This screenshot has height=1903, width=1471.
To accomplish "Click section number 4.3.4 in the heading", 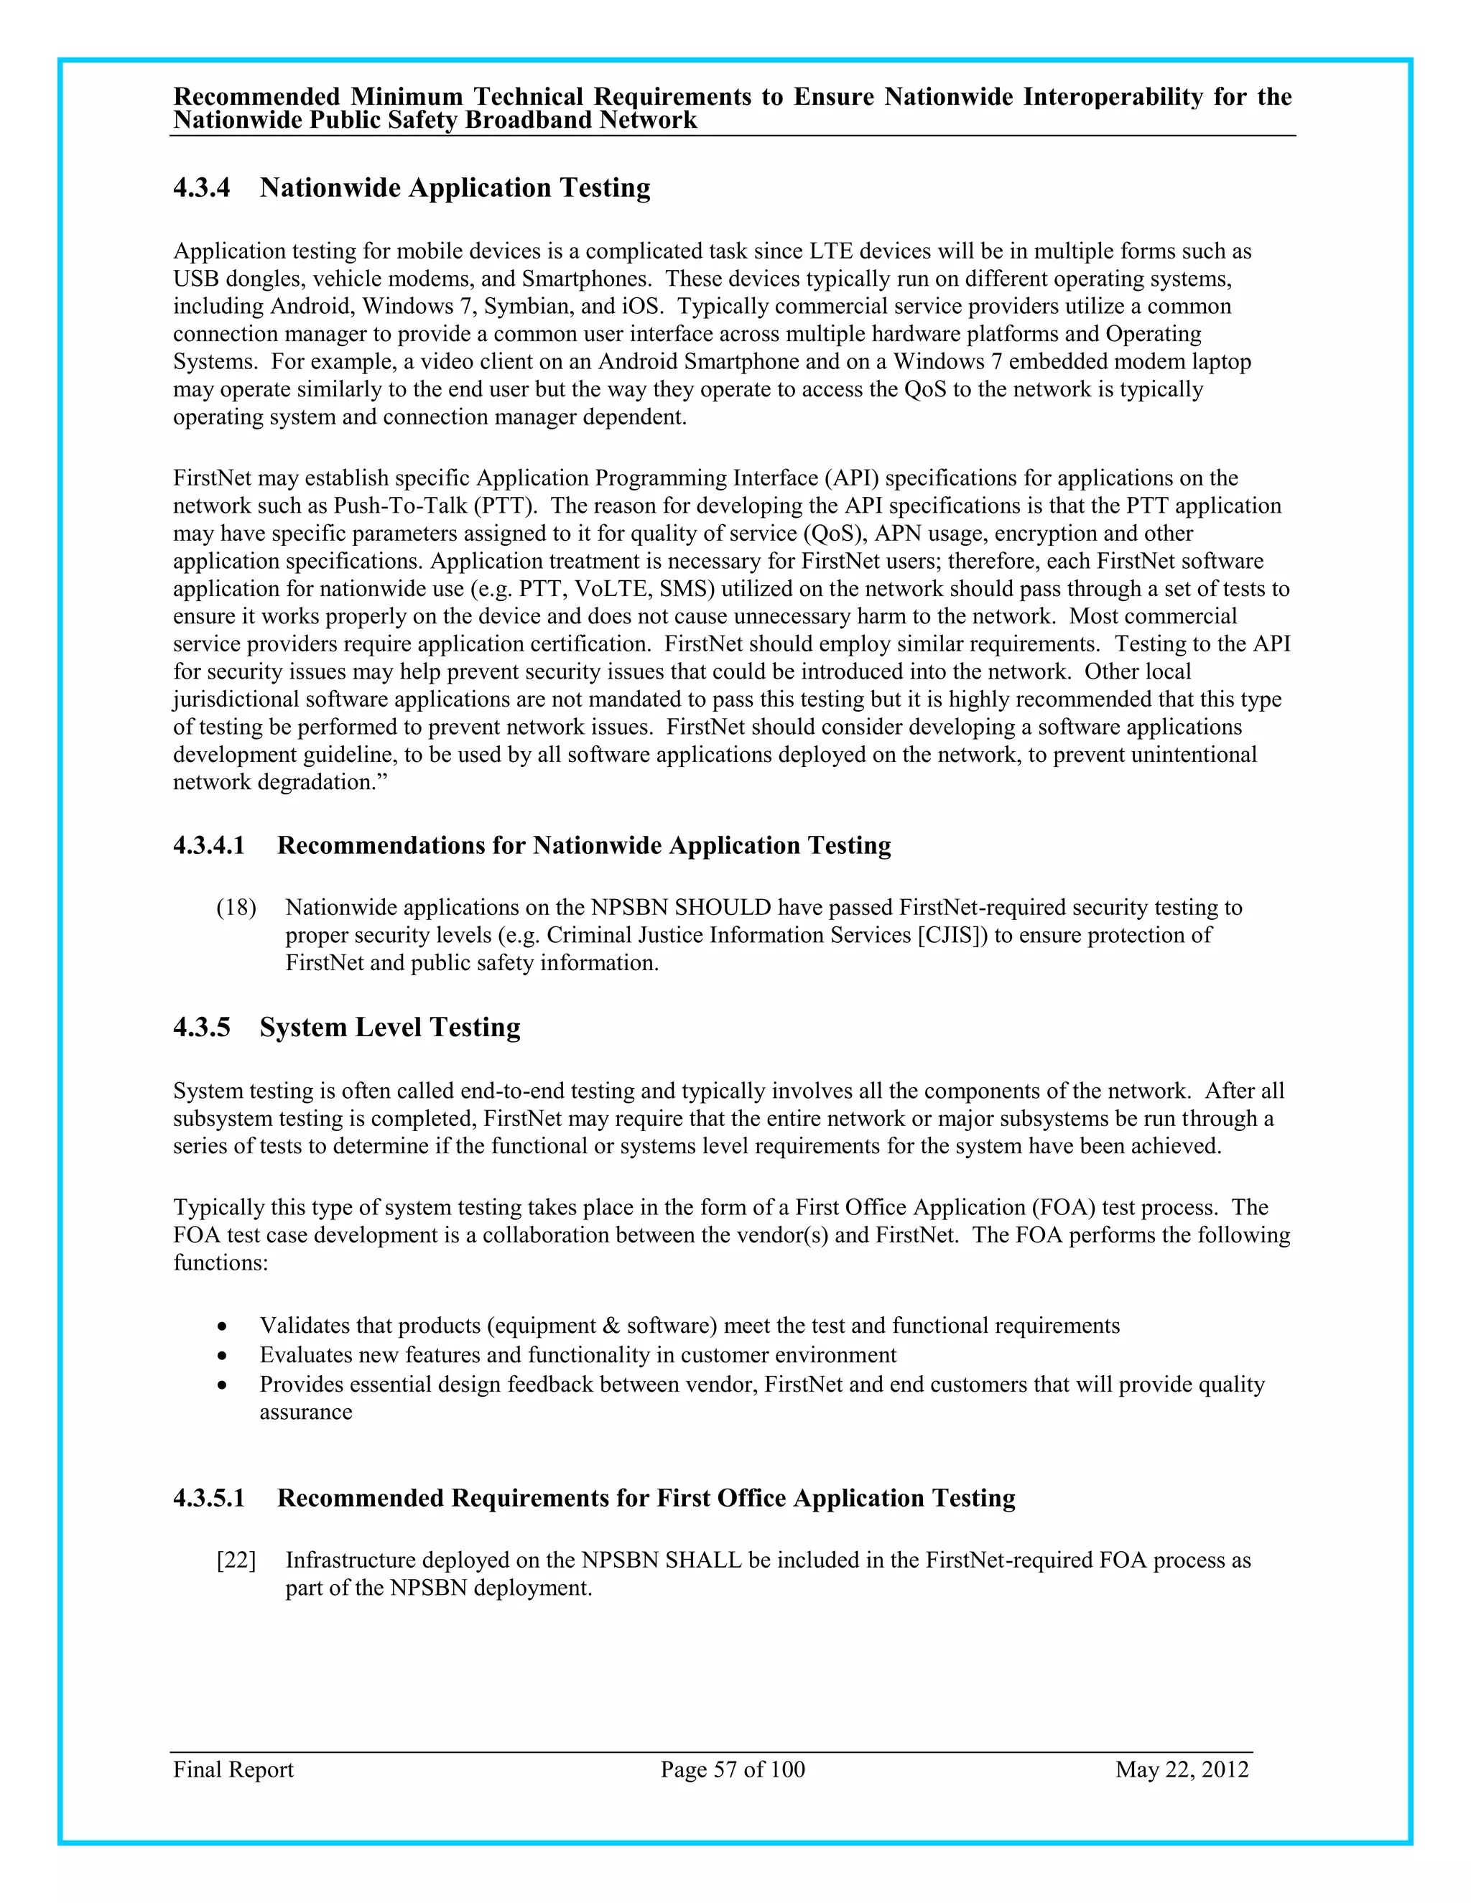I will point(201,188).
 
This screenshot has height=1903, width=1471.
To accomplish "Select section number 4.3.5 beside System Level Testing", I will point(201,1028).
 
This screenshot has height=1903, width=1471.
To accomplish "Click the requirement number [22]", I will point(236,1560).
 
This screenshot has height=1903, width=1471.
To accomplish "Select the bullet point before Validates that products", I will point(223,1327).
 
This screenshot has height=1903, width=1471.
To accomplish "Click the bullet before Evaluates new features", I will point(223,1357).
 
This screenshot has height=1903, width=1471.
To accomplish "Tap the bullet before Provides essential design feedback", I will point(223,1385).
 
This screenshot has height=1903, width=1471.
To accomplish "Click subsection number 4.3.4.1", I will point(209,846).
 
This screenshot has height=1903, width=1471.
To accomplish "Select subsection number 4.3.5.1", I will point(209,1499).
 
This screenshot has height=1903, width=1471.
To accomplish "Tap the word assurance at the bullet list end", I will point(306,1413).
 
